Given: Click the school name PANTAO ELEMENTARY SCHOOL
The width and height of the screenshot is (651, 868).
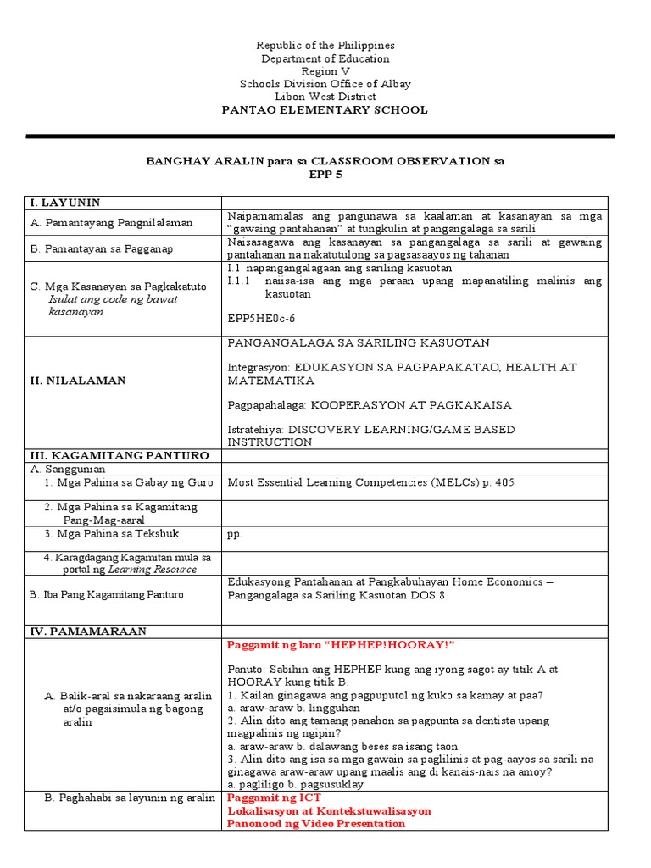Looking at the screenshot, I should (325, 110).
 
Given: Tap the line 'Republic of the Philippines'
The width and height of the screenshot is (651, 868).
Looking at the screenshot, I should (325, 45).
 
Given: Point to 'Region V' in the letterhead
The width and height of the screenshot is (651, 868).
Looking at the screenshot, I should (325, 71).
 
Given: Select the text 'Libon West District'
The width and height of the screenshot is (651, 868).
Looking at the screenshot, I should (325, 97).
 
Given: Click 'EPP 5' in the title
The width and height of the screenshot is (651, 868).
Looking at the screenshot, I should (325, 174).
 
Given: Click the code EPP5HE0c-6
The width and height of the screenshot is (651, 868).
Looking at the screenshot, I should (265, 319).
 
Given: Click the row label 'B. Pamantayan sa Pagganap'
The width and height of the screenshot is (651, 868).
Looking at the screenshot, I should (103, 249).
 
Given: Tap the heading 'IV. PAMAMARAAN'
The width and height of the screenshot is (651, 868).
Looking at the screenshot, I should (88, 632).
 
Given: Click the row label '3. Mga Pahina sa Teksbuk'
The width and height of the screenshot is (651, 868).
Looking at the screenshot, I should (111, 534).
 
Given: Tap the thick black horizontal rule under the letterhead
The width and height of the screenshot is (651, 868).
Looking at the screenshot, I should (320, 136).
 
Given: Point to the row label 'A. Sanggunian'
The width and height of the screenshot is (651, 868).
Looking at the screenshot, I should (70, 468).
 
